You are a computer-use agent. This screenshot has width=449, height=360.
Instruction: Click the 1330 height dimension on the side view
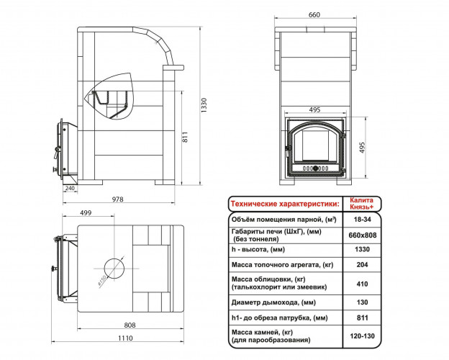(204, 105)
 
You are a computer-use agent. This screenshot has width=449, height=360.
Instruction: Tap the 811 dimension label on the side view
(185, 137)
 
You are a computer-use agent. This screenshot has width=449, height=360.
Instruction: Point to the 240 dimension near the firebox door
(70, 188)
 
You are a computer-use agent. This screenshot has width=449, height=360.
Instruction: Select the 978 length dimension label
(118, 199)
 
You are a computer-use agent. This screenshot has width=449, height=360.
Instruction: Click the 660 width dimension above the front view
(314, 14)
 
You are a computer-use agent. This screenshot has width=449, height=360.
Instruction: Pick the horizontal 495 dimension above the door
(314, 109)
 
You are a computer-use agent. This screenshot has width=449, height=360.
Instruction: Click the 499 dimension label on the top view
(86, 212)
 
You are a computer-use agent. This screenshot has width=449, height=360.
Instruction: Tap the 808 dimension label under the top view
(130, 325)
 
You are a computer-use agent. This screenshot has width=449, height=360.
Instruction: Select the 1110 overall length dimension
(125, 338)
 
